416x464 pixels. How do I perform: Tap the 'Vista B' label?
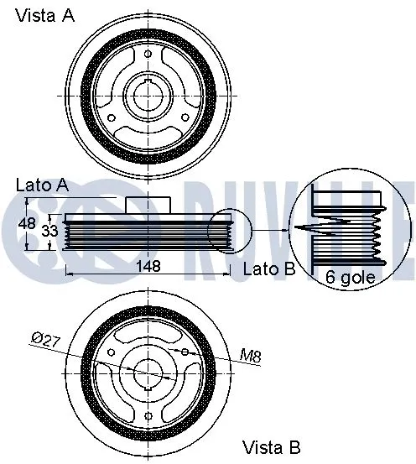pyautogui.click(x=271, y=446)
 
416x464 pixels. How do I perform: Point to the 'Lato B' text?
pyautogui.click(x=268, y=269)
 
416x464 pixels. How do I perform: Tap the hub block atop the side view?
pyautogui.click(x=148, y=205)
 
